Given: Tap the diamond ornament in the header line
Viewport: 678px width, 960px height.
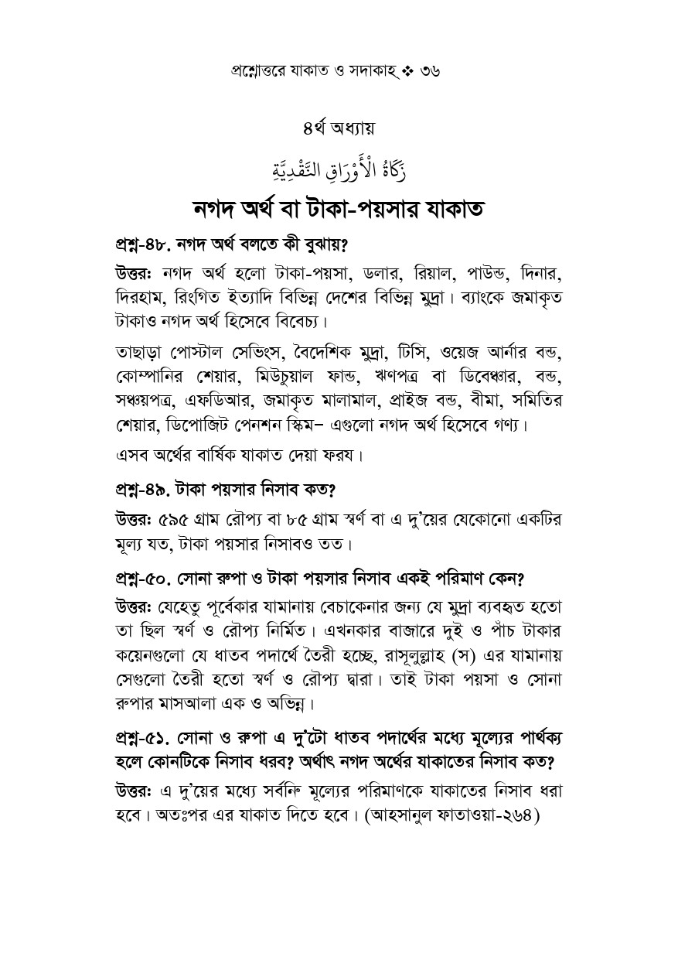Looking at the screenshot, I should point(406,70).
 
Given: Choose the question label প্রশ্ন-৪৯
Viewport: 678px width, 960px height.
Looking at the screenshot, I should point(143,490).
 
